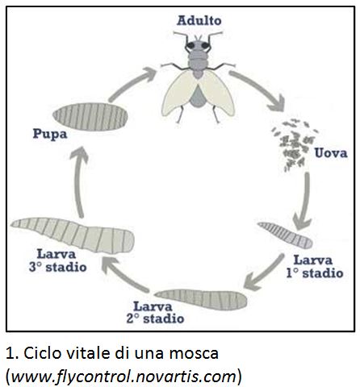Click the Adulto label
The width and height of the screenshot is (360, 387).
199,21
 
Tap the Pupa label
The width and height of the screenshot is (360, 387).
50,134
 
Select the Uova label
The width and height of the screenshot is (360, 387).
331,153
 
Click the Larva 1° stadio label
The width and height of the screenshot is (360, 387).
314,266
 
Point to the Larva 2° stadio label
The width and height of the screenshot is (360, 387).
155,313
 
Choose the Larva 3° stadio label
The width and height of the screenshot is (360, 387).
58,260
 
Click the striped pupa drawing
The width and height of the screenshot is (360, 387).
90,117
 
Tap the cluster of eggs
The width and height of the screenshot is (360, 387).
295,144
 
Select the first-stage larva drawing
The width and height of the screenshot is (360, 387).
285,235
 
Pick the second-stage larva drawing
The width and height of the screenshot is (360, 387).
201,298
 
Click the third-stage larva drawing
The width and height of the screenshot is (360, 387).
73,235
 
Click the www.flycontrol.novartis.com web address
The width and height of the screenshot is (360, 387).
124,377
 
